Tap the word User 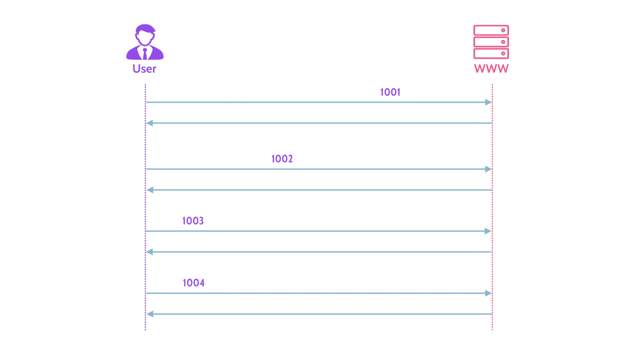[144, 69]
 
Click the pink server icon [491, 42]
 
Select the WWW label [491, 68]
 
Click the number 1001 [390, 92]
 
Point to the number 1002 [282, 159]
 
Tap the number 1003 [193, 221]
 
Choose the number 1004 [193, 283]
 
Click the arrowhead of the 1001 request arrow [488, 102]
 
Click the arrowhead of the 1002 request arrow [488, 169]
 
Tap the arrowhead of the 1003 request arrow [488, 231]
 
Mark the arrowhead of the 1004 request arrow [488, 293]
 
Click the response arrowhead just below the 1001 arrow [149, 123]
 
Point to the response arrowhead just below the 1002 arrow [150, 190]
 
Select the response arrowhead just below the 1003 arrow [149, 252]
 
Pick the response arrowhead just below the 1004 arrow [150, 314]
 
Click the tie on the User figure [145, 54]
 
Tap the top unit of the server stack [491, 30]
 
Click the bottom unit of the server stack [491, 53]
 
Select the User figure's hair [145, 29]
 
